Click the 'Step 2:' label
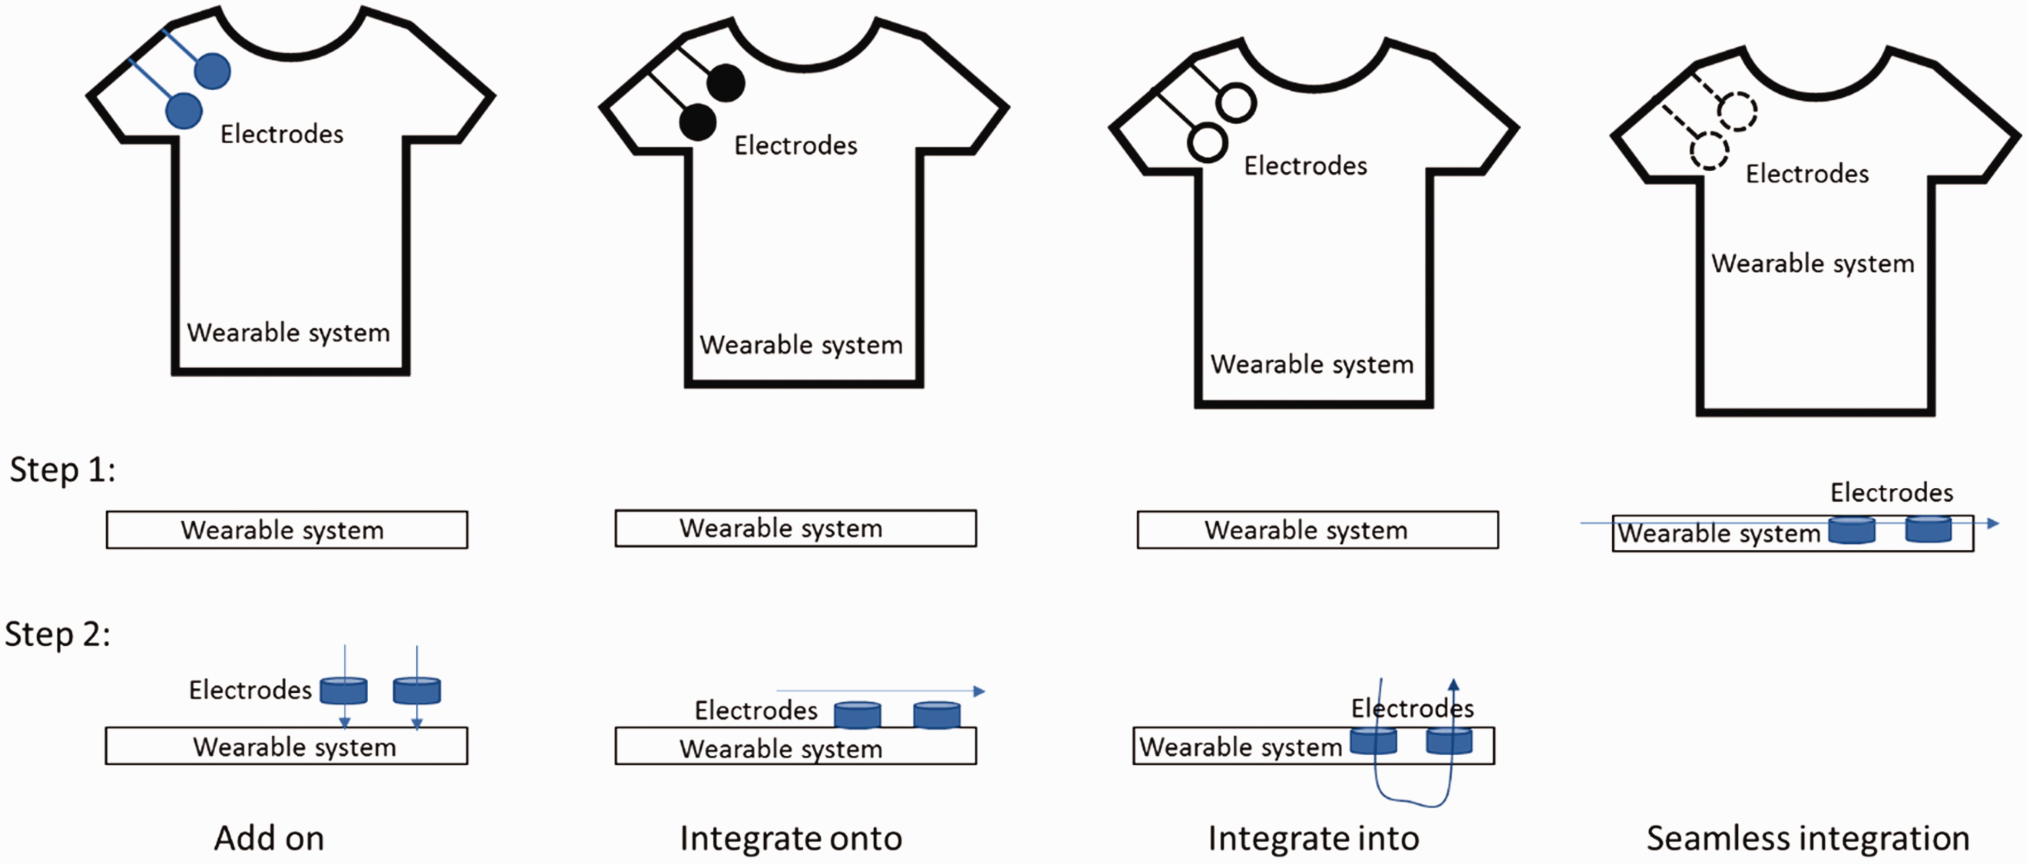point(58,633)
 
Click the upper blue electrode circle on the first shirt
point(212,71)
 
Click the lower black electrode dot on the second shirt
point(698,123)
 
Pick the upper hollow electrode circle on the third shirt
point(1236,102)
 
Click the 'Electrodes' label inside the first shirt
point(282,134)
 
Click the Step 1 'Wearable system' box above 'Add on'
point(287,529)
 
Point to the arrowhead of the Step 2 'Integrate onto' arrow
point(979,691)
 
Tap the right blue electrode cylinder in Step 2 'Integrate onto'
point(937,715)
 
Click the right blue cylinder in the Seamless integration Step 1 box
point(1928,529)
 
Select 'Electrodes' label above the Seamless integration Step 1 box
point(1891,493)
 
